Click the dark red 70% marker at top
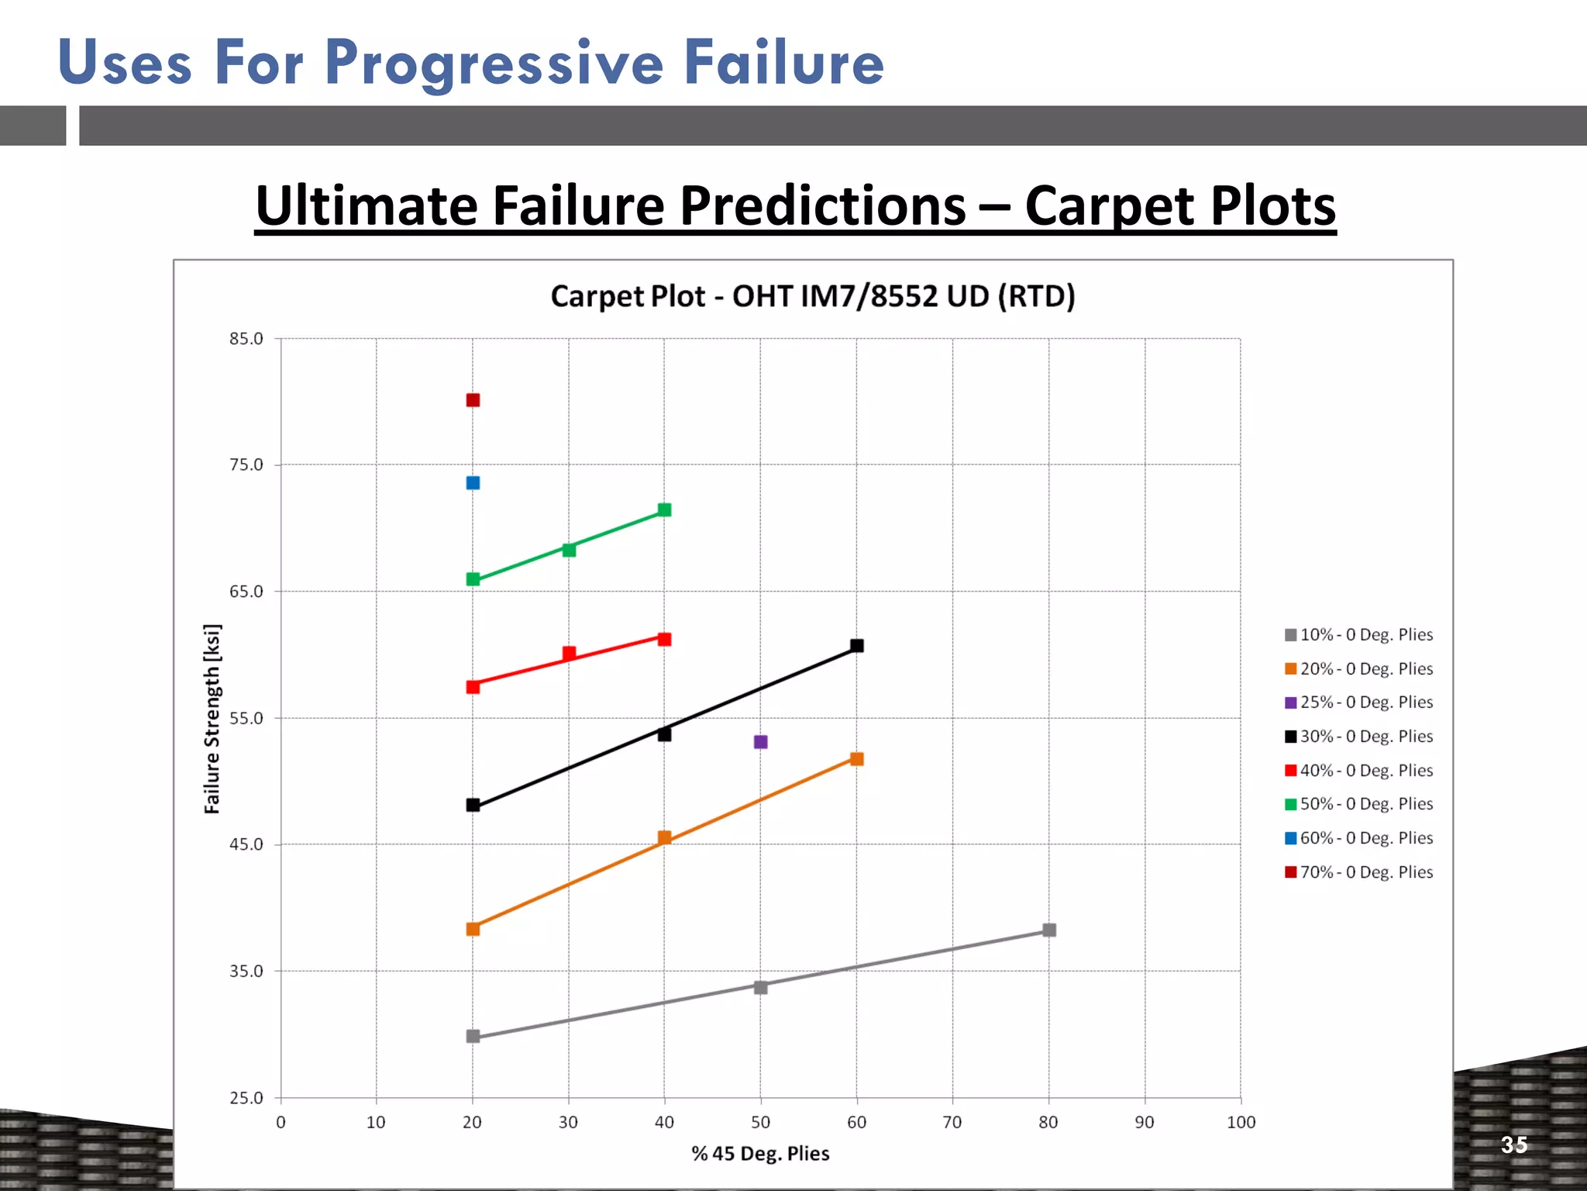pos(473,400)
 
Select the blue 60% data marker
pos(473,483)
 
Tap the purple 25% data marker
pos(761,742)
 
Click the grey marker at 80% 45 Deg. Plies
pos(1049,930)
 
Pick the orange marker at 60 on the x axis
pos(857,759)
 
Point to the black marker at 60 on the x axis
pos(857,646)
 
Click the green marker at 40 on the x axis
pos(664,509)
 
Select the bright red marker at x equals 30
pos(569,653)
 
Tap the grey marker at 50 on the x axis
pos(761,987)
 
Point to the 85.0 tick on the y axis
pos(246,339)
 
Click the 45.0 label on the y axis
pos(246,844)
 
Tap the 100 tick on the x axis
pos(1241,1122)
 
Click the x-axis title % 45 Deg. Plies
pos(760,1154)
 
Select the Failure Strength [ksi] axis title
pos(212,718)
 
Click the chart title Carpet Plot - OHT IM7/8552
pos(813,296)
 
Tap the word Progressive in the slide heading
pos(494,64)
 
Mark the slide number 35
pos(1514,1144)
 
